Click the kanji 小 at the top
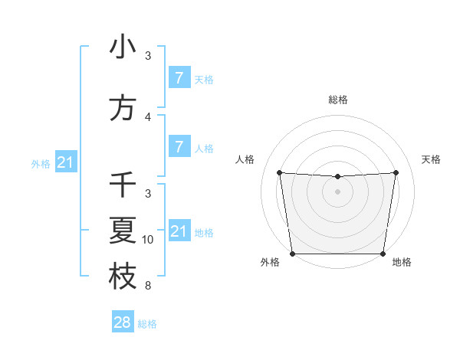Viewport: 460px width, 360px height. (x=123, y=47)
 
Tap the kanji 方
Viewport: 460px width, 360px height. (x=123, y=109)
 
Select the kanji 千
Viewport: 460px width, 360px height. (x=123, y=185)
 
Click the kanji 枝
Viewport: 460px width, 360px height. (x=123, y=277)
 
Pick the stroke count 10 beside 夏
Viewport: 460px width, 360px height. (x=148, y=240)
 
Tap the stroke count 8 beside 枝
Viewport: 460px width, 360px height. (x=148, y=286)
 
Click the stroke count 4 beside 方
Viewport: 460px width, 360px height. (x=148, y=117)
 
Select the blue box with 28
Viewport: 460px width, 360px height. (x=123, y=322)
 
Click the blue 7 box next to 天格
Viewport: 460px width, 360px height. (x=179, y=77)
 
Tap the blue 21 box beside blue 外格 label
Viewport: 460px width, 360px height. (x=66, y=162)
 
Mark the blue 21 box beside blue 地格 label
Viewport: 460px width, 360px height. (x=179, y=231)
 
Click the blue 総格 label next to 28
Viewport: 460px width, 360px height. (x=147, y=324)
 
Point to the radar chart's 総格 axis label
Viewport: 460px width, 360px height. (x=338, y=100)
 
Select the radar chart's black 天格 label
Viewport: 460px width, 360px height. (x=432, y=159)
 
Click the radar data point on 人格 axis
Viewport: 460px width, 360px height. (x=280, y=172)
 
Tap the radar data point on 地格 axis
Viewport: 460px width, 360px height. (x=383, y=254)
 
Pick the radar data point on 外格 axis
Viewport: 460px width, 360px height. (x=292, y=254)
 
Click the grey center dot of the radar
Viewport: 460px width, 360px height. (x=338, y=191)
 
